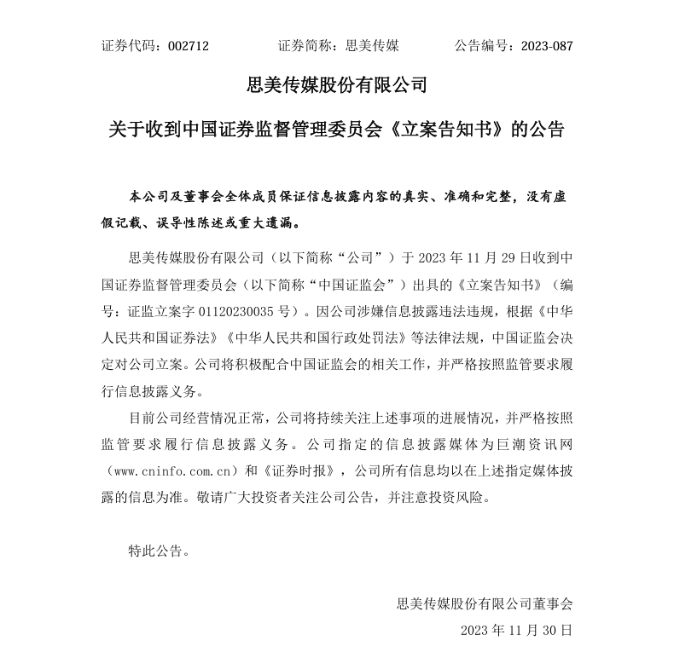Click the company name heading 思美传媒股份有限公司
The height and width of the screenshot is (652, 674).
(336, 86)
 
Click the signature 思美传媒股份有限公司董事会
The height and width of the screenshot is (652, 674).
(485, 603)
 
